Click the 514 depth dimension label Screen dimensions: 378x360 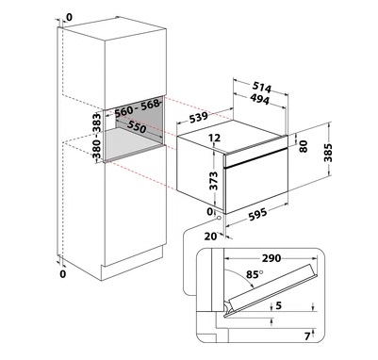261,89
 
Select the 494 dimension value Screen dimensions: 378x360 260,99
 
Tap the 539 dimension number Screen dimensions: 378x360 199,118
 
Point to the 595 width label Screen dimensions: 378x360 257,214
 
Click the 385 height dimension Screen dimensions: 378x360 328,153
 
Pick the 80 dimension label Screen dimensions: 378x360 304,146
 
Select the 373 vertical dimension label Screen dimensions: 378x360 214,181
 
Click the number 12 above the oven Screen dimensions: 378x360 215,138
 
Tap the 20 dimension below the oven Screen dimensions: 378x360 210,236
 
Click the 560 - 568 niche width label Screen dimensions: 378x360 137,108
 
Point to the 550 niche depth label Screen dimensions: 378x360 137,126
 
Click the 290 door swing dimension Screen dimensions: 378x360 271,258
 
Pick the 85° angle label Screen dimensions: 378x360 255,274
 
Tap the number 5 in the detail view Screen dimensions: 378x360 278,305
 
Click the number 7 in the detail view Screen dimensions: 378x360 307,336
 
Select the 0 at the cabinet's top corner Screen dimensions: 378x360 69,17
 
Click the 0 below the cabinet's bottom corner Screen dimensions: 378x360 63,274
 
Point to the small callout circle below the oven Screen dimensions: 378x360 219,218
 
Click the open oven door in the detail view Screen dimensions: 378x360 271,290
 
